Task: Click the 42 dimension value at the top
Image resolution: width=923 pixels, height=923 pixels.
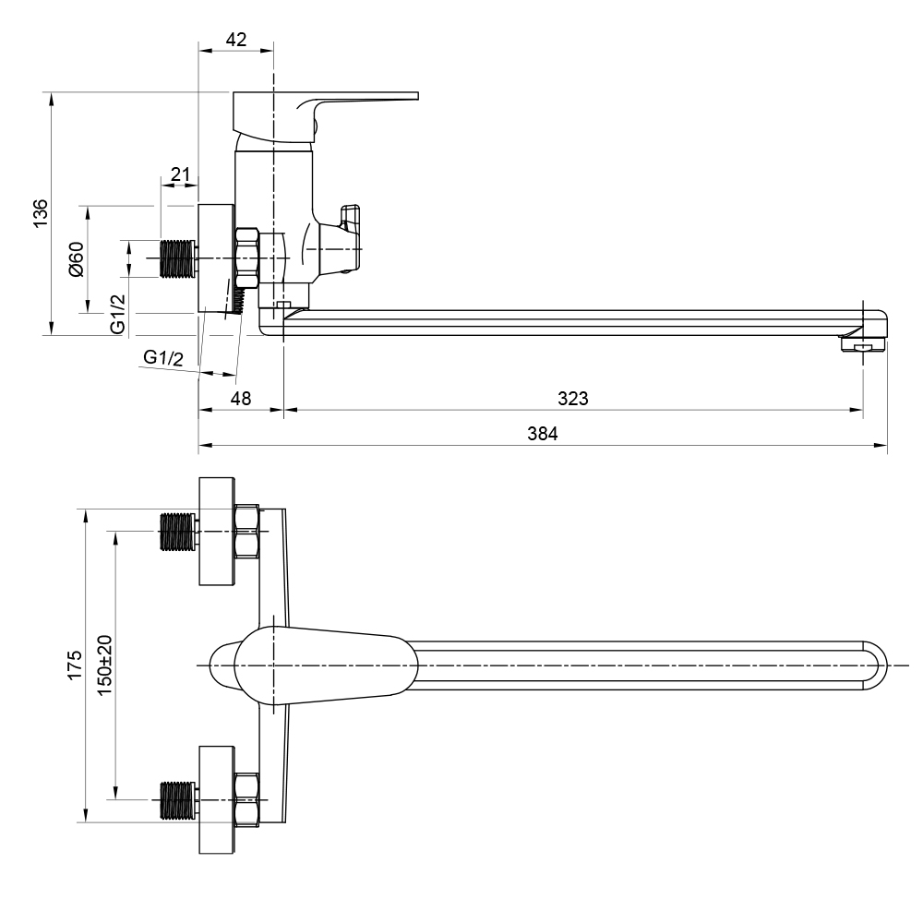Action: [x=236, y=40]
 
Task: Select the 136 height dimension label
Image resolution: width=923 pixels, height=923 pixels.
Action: [x=40, y=213]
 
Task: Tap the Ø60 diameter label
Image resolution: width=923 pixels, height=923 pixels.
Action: [x=77, y=259]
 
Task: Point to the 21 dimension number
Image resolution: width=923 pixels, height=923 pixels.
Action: [x=181, y=174]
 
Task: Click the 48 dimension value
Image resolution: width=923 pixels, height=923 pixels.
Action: [x=241, y=399]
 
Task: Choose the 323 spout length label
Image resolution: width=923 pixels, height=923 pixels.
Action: [x=573, y=399]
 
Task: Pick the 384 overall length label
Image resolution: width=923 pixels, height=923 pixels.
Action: [x=542, y=434]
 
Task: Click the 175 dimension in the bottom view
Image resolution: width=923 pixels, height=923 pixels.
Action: [x=75, y=665]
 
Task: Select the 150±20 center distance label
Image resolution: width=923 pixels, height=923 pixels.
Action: [x=104, y=665]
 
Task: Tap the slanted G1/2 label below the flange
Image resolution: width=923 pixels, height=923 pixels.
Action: [x=163, y=357]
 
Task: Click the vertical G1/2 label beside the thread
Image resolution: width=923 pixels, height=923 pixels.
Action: [x=118, y=315]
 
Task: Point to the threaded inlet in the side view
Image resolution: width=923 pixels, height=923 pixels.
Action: [x=178, y=258]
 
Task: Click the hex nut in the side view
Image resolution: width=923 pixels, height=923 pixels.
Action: [x=247, y=258]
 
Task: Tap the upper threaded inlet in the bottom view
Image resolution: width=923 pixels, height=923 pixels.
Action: [x=177, y=532]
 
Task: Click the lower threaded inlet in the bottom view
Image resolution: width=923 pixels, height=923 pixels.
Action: [x=177, y=800]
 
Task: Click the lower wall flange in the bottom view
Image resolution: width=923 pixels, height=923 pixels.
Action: [x=217, y=800]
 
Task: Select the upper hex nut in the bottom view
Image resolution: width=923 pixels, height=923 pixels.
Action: [x=246, y=531]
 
